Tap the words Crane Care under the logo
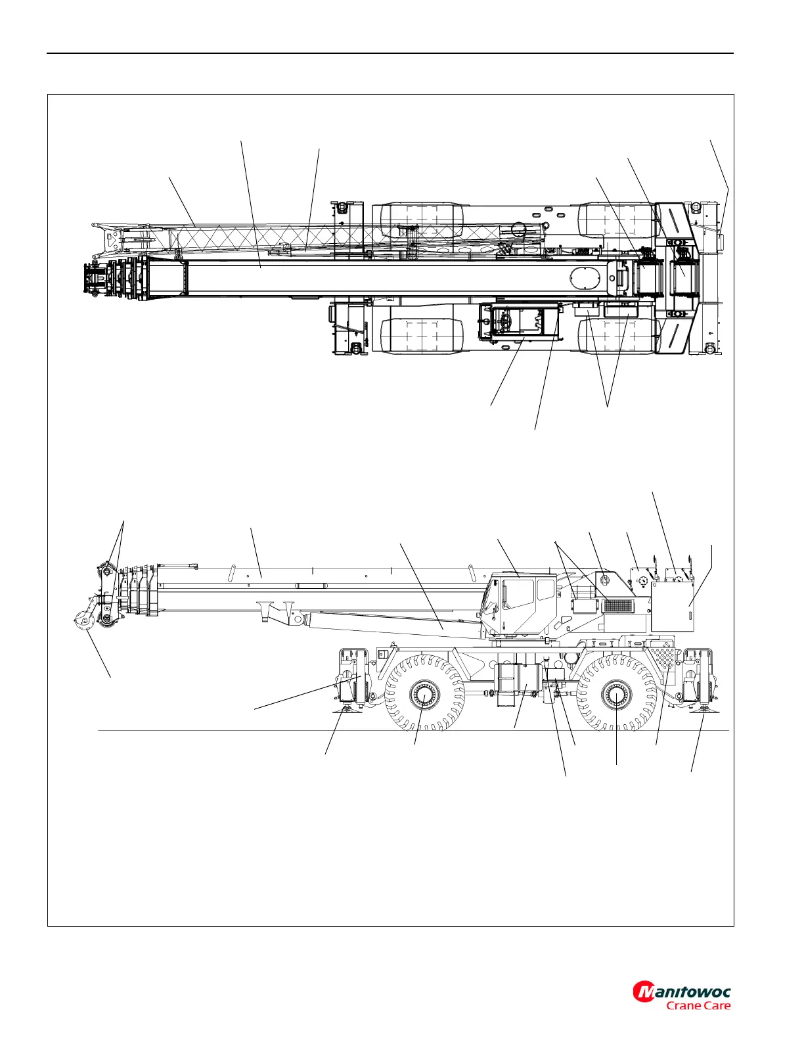[x=698, y=1006]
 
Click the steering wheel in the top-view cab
[x=505, y=321]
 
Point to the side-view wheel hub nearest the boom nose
[x=424, y=694]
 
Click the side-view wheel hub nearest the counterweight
[x=616, y=695]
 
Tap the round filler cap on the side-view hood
[x=604, y=579]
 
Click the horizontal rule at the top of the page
[x=390, y=54]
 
